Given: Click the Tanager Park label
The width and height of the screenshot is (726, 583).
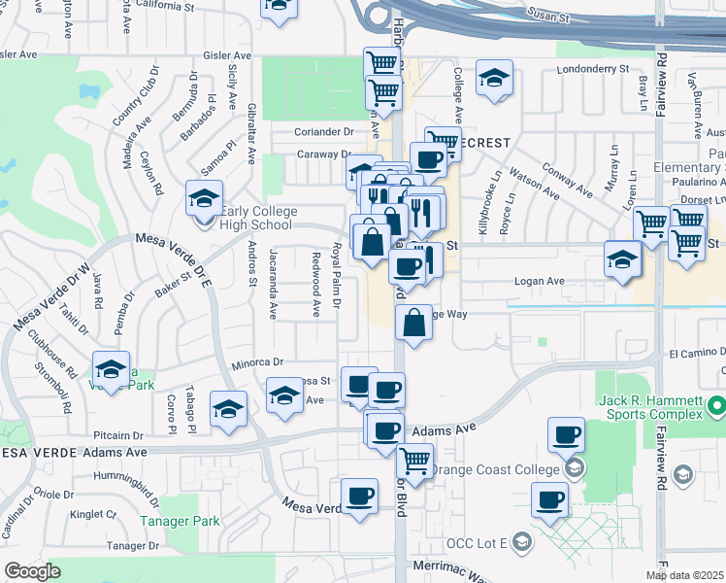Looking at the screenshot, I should tap(180, 521).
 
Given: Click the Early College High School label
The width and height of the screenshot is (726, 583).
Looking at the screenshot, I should tap(256, 218).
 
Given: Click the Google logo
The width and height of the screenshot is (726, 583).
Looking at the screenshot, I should tap(32, 571).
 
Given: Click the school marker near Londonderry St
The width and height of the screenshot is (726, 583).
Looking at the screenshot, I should tap(494, 79).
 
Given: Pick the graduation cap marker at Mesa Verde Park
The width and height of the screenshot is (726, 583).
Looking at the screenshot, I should tap(112, 369).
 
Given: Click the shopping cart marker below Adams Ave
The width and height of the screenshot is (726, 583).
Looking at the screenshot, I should tap(414, 461).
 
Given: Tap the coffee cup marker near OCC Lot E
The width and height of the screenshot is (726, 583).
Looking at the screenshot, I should tap(549, 501).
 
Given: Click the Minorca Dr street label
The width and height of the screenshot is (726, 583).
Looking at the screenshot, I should tap(256, 363).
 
